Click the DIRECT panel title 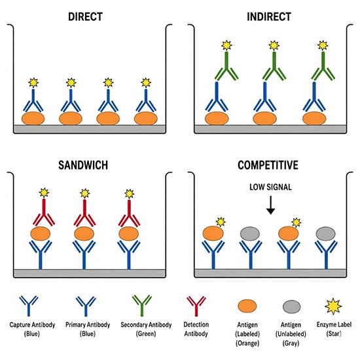pyautogui.click(x=85, y=17)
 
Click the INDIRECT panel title pyautogui.click(x=269, y=17)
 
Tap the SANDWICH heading pyautogui.click(x=83, y=165)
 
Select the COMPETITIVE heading pyautogui.click(x=268, y=165)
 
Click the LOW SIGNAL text pyautogui.click(x=271, y=187)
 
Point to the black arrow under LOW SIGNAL pyautogui.click(x=271, y=205)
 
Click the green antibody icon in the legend pyautogui.click(x=142, y=306)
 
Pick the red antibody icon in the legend pyautogui.click(x=196, y=306)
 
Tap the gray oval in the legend pyautogui.click(x=291, y=307)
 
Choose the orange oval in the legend pyautogui.click(x=247, y=306)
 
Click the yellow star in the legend pyautogui.click(x=333, y=306)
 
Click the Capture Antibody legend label pyautogui.click(x=32, y=329)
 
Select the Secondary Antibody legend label pyautogui.click(x=146, y=329)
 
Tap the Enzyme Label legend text pyautogui.click(x=334, y=329)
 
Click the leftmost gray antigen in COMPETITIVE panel pyautogui.click(x=250, y=234)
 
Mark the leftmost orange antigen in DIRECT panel pyautogui.click(x=33, y=118)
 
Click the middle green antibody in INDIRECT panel pyautogui.click(x=274, y=66)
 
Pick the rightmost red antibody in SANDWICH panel pyautogui.click(x=129, y=213)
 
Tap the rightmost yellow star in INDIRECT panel pyautogui.click(x=323, y=46)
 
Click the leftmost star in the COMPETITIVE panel pyautogui.click(x=221, y=222)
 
